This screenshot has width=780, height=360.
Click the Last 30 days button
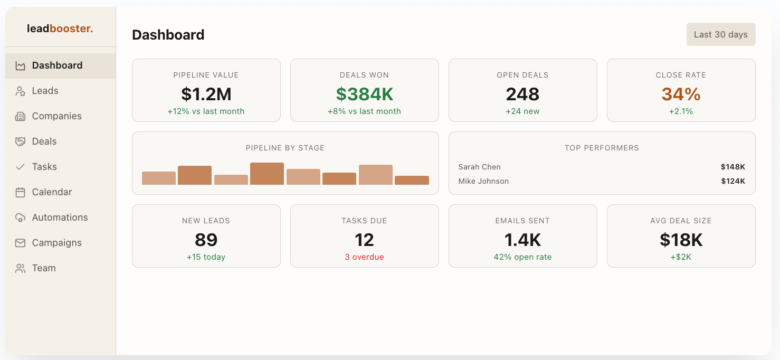(x=720, y=34)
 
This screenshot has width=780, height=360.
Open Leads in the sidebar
(x=45, y=91)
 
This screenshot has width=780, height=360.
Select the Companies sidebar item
(x=56, y=116)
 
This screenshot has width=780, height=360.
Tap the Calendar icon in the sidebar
(x=21, y=192)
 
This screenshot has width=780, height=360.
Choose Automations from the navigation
(x=60, y=217)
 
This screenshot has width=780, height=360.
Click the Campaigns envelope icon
(x=21, y=243)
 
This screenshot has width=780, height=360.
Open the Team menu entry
(x=43, y=268)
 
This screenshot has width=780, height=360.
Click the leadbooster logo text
(x=60, y=29)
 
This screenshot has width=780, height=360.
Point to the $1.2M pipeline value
(x=206, y=94)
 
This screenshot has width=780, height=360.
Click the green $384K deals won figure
(x=364, y=94)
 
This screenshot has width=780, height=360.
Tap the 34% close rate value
(x=681, y=94)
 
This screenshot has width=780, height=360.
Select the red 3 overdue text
(x=364, y=257)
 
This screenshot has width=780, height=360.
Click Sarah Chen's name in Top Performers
(x=479, y=167)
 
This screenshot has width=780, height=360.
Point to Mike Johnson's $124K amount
(x=733, y=181)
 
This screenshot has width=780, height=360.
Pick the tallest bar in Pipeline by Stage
(x=267, y=174)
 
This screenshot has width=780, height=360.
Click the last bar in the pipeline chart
(x=412, y=180)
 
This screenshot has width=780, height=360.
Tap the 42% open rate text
(x=522, y=257)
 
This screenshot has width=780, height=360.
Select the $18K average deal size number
(x=681, y=240)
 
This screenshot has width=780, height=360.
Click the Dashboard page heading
(x=168, y=35)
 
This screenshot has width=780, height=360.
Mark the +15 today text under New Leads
(x=206, y=257)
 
